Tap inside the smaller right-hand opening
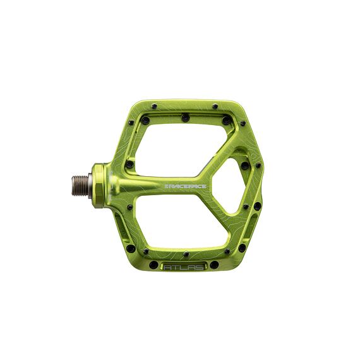(x=231, y=183)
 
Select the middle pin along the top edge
(x=183, y=116)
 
